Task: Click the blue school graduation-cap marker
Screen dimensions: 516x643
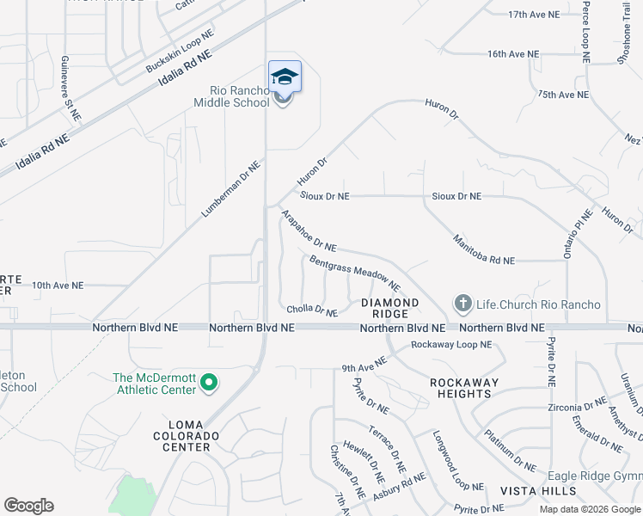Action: point(285,77)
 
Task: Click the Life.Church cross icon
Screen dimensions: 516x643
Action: point(462,304)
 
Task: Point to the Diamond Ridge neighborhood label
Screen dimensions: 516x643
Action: point(389,309)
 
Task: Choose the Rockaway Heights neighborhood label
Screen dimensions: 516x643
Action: point(462,388)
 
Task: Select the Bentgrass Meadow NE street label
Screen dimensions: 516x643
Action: point(355,273)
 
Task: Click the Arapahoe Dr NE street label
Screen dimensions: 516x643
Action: point(308,233)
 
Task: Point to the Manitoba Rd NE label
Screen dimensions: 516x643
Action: point(482,248)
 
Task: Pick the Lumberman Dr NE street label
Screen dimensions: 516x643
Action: point(231,188)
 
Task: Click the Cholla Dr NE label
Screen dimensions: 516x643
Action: point(311,310)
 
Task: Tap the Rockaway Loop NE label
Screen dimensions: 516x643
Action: point(450,345)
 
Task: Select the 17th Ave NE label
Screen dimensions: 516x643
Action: point(535,15)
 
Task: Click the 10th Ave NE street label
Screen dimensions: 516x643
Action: point(58,285)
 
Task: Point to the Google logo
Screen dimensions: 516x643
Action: point(28,506)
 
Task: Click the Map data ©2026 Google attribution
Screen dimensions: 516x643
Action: point(589,509)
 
